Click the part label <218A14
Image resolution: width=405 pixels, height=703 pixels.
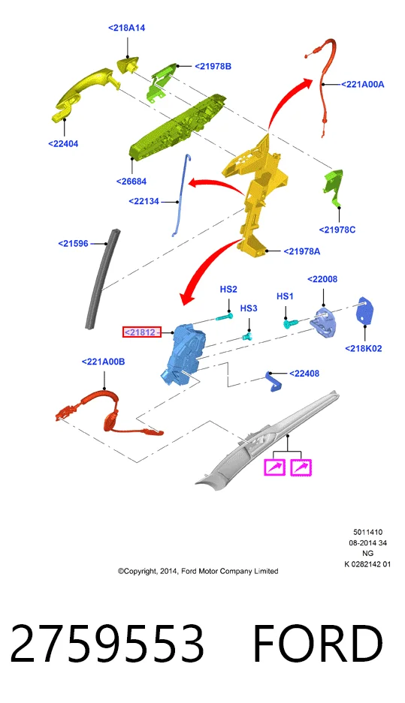(127, 28)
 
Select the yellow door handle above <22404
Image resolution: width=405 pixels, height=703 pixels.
(86, 92)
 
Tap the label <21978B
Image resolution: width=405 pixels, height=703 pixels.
(213, 66)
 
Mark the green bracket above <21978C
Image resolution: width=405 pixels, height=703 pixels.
(334, 186)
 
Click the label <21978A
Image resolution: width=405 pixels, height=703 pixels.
(302, 251)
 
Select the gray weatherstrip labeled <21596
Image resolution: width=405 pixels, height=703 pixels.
(102, 278)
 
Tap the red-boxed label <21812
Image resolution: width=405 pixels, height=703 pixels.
(141, 332)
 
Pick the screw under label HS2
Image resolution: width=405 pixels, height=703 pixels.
(224, 317)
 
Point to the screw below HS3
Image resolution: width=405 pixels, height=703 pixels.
(247, 335)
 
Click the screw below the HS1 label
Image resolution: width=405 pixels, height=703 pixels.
(291, 323)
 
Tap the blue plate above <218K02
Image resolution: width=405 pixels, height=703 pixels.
(365, 311)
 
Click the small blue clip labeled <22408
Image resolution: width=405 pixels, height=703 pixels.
(274, 381)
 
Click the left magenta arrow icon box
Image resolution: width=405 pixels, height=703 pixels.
(275, 467)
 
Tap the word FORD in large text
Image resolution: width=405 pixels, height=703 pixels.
(318, 643)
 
